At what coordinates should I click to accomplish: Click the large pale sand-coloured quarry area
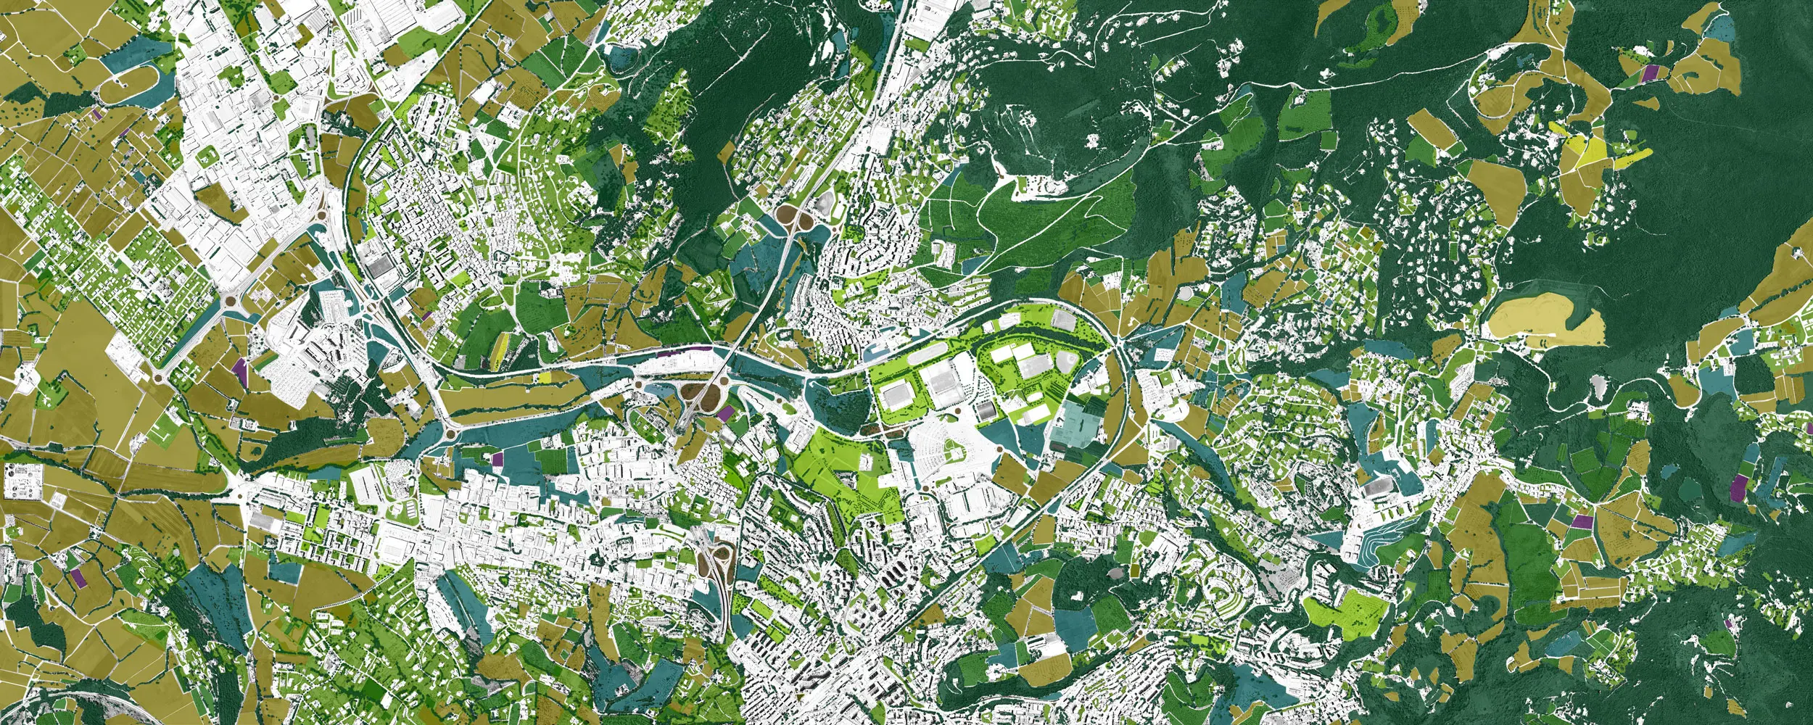(1545, 323)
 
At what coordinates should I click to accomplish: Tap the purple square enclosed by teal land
(497, 459)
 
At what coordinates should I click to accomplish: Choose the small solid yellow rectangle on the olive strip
(546, 378)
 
